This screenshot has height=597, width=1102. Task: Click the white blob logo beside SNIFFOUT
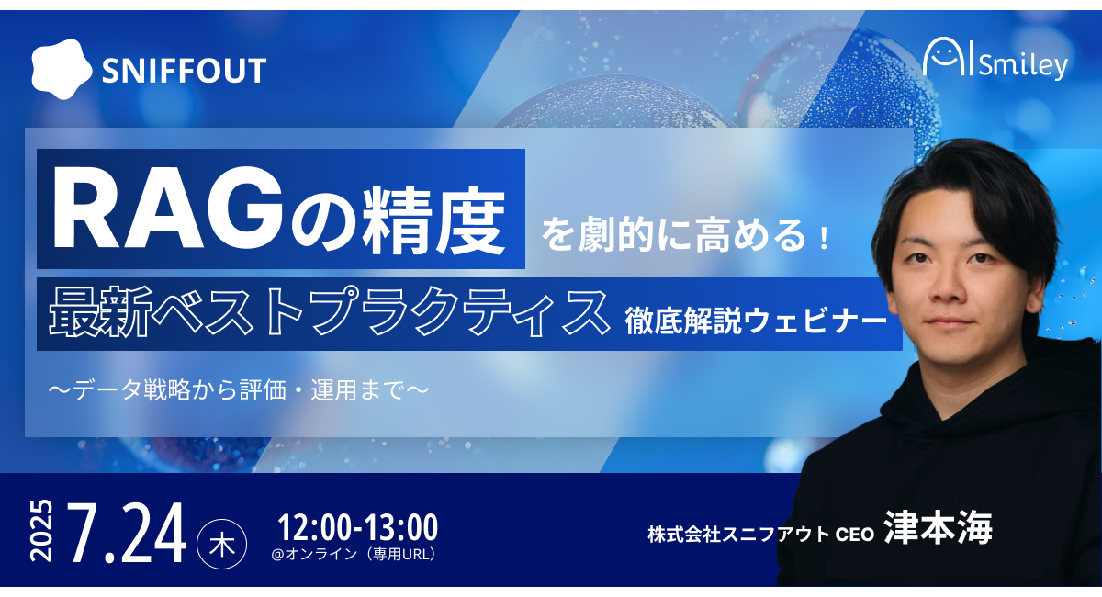62,70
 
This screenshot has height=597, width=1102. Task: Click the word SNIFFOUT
184,71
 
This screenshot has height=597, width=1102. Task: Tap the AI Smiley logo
995,59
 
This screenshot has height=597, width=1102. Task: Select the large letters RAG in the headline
168,208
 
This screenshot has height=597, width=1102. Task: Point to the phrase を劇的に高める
674,236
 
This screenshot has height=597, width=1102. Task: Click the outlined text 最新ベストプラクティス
329,312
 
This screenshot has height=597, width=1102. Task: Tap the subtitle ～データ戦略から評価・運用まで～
238,390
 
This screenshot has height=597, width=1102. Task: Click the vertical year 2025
41,530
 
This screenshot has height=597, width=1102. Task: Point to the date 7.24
127,533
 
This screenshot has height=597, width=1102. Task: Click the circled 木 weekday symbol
221,544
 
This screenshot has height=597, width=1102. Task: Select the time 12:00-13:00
357,527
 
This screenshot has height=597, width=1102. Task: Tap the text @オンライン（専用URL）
354,554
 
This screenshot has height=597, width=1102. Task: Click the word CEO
855,535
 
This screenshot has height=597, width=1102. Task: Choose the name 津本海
939,527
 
